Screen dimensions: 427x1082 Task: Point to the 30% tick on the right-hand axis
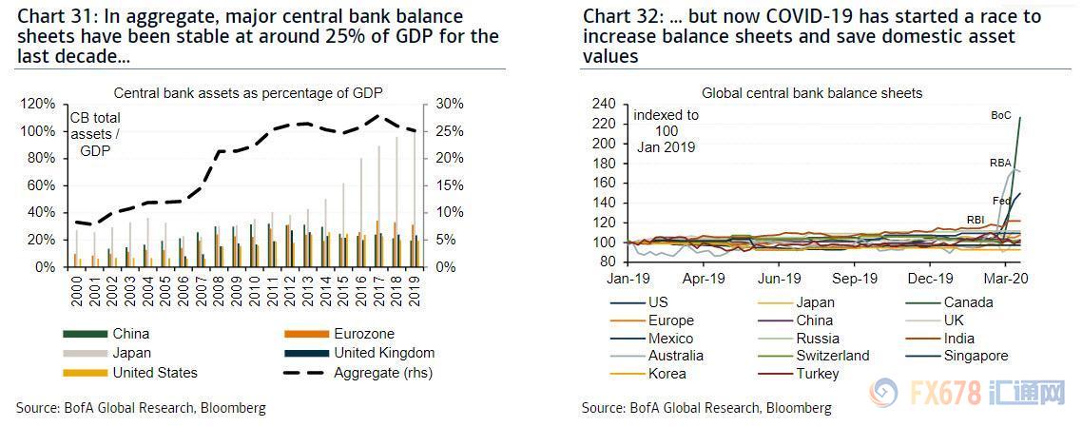[452, 104]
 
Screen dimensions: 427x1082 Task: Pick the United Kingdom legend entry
[382, 353]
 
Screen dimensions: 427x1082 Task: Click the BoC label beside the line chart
[1001, 115]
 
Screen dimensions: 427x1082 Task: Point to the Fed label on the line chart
[1001, 201]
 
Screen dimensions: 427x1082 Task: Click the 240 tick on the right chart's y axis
[605, 104]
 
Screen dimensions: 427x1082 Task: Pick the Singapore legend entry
[975, 356]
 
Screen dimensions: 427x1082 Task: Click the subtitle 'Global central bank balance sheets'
[812, 93]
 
